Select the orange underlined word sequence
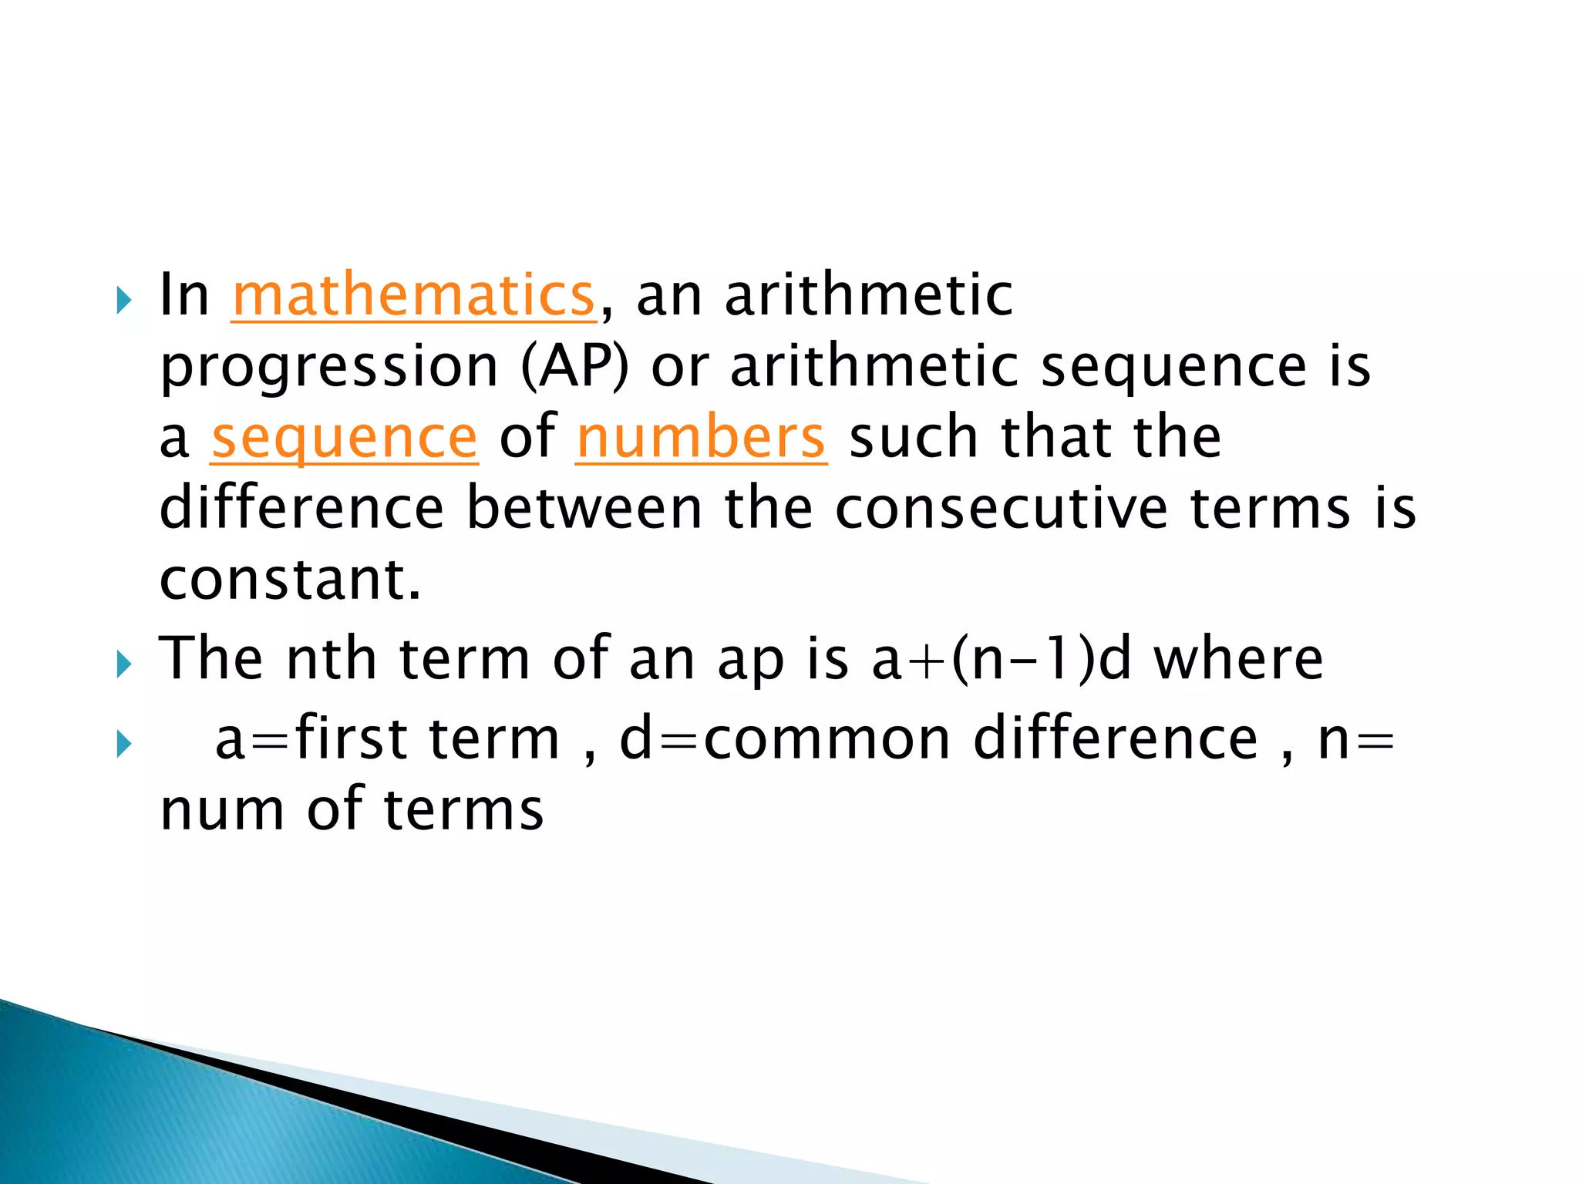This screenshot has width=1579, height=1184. (x=345, y=438)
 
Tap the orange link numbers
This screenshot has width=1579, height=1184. (x=701, y=438)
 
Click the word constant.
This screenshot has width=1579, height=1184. (x=290, y=579)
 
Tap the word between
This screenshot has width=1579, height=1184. (x=584, y=508)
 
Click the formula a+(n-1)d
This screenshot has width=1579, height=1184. (x=1001, y=660)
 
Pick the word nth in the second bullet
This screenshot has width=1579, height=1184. (x=331, y=659)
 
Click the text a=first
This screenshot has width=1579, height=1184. (x=311, y=738)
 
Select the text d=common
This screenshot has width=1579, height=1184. (x=785, y=738)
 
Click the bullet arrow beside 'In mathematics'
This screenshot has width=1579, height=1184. (x=123, y=300)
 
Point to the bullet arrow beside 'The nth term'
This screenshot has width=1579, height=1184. (x=123, y=664)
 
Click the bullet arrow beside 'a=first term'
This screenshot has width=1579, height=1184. (x=123, y=744)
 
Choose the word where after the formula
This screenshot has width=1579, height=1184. (x=1238, y=659)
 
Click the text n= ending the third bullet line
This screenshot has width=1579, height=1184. (x=1356, y=738)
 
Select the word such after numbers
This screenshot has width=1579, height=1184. (x=913, y=437)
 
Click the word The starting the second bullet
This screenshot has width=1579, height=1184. (x=210, y=659)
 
